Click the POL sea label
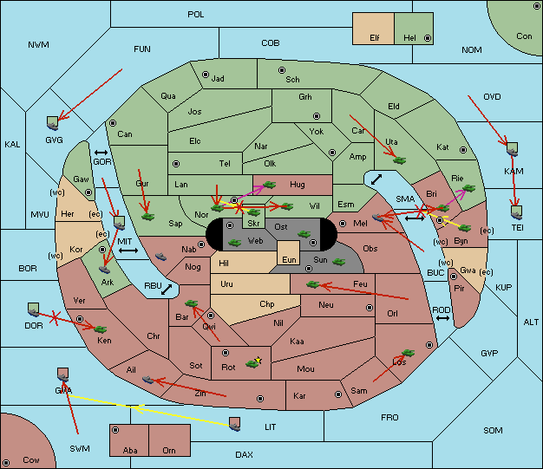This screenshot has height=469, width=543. pyautogui.click(x=196, y=15)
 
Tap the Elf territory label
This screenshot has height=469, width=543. pyautogui.click(x=375, y=38)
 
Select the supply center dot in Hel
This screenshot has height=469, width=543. pyautogui.click(x=428, y=38)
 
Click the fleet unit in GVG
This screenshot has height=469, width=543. pyautogui.click(x=53, y=123)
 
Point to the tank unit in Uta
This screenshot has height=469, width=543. pyautogui.click(x=400, y=160)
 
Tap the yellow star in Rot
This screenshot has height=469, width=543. pyautogui.click(x=258, y=360)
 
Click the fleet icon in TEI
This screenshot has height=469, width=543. pyautogui.click(x=517, y=212)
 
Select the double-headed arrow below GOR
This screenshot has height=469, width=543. pyautogui.click(x=101, y=153)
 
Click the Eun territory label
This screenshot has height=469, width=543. pyautogui.click(x=289, y=260)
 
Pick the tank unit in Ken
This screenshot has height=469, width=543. pyautogui.click(x=101, y=329)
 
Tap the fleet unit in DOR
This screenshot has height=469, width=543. pyautogui.click(x=34, y=309)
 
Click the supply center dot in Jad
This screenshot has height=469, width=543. pyautogui.click(x=206, y=75)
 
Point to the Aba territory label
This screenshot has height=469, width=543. pyautogui.click(x=130, y=450)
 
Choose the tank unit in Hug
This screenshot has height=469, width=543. pyautogui.click(x=270, y=185)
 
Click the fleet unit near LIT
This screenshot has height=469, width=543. pyautogui.click(x=235, y=424)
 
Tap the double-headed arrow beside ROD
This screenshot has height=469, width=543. pyautogui.click(x=442, y=318)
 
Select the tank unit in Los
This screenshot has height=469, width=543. pyautogui.click(x=408, y=353)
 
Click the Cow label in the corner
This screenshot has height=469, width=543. pyautogui.click(x=31, y=460)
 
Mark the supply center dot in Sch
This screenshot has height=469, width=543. pyautogui.click(x=282, y=70)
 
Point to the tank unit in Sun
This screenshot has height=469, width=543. pyautogui.click(x=338, y=262)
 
